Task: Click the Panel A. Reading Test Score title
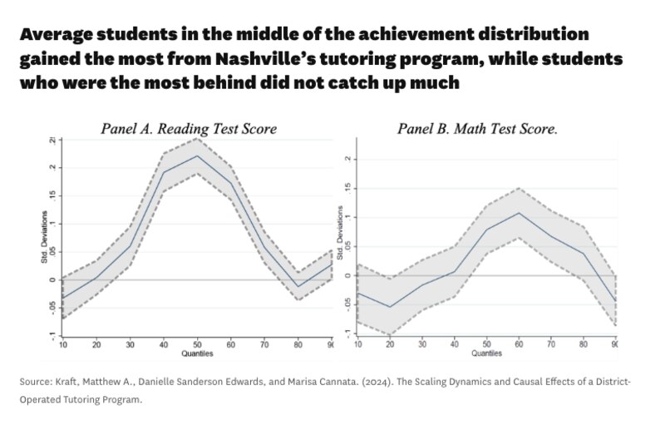point(189,129)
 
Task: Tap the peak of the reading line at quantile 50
point(197,156)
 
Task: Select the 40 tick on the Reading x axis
point(163,343)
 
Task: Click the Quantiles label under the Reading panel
point(197,353)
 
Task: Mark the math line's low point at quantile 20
point(391,307)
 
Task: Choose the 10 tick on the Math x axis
point(357,343)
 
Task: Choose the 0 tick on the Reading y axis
point(53,279)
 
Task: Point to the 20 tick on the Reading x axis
point(96,343)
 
